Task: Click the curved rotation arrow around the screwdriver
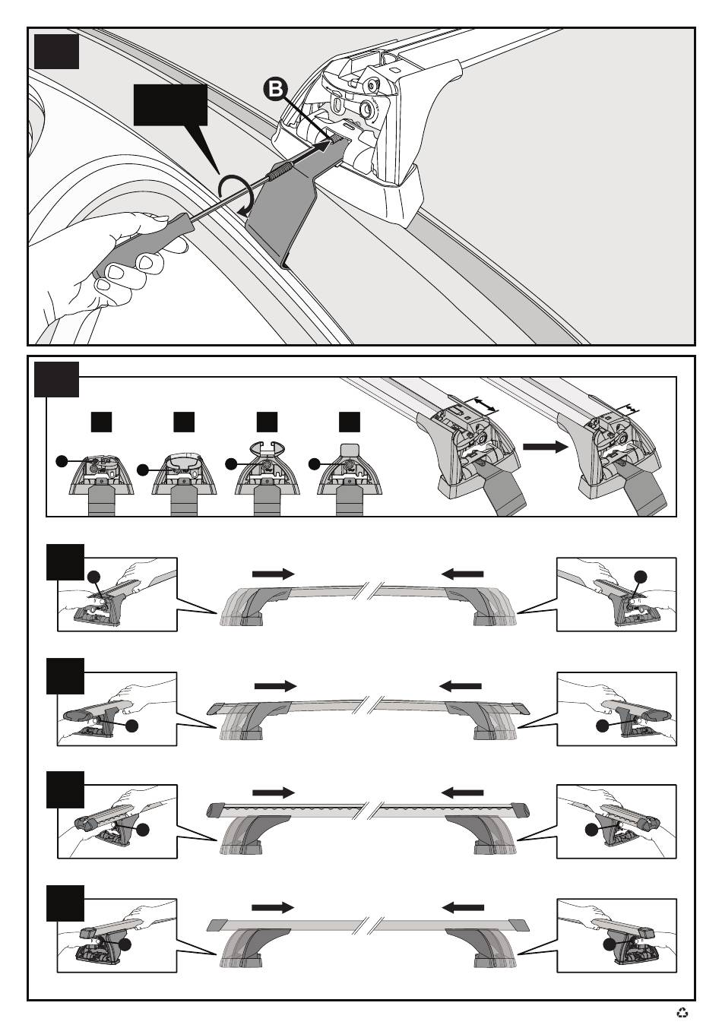click(236, 194)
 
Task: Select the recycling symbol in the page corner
click(682, 1012)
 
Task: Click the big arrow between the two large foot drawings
click(546, 447)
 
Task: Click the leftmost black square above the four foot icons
click(101, 422)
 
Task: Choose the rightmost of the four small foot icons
click(350, 476)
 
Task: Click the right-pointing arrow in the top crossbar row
click(273, 573)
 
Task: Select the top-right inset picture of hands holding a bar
click(616, 594)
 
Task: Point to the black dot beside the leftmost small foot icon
click(62, 461)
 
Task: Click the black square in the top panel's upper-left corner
click(56, 52)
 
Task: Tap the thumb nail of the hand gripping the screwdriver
click(147, 263)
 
